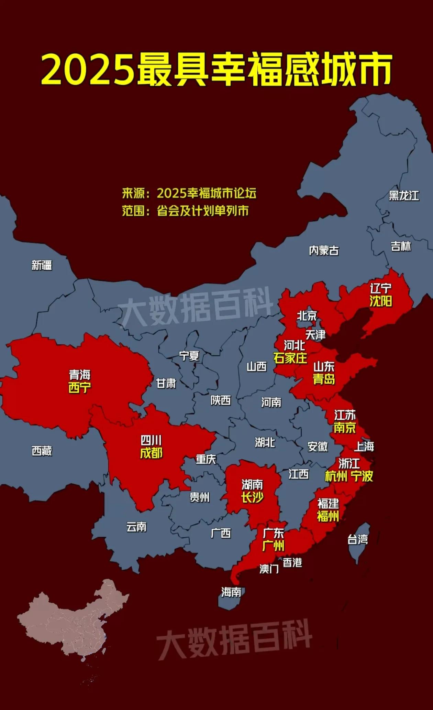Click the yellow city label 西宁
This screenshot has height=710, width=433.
(80, 388)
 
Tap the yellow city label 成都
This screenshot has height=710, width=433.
(151, 453)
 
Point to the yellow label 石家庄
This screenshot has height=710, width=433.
(290, 358)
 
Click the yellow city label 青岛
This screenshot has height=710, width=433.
(324, 379)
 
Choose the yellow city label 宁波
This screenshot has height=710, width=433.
(362, 476)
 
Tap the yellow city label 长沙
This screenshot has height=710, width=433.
(252, 497)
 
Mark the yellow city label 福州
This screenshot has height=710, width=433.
(328, 516)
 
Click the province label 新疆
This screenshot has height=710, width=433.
(42, 265)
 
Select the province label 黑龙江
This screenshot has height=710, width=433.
(404, 196)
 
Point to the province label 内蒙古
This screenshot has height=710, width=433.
(324, 250)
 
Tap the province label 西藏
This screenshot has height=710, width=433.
(42, 451)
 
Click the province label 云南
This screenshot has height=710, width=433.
(136, 527)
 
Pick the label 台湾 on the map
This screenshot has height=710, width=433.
(357, 539)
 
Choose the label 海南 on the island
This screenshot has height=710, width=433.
(231, 592)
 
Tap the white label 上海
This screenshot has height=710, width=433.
(364, 447)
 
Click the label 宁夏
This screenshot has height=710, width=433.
(189, 356)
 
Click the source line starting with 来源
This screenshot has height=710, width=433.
(189, 193)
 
